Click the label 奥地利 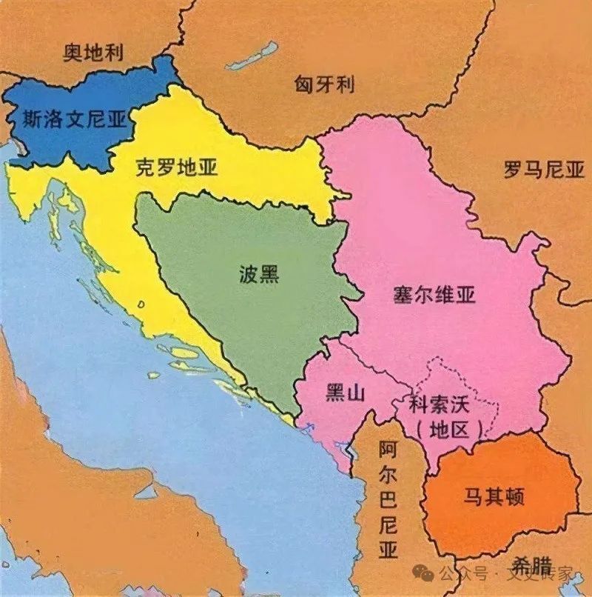93,53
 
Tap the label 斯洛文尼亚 74,118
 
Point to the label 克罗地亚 177,167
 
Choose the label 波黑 259,275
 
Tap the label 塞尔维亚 434,296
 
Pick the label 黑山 346,393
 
